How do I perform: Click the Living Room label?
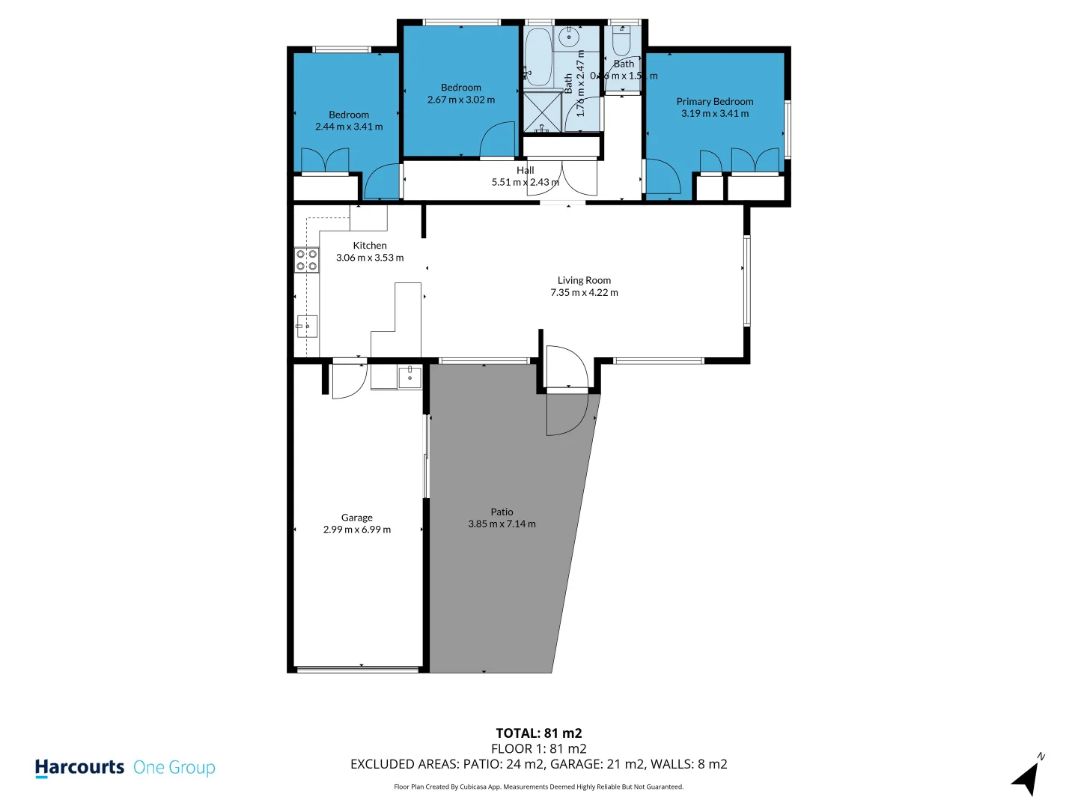584,280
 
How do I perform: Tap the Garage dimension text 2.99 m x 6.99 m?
356,530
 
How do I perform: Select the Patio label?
502,512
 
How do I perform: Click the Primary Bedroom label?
714,101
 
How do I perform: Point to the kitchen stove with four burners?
306,260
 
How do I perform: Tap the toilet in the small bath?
622,40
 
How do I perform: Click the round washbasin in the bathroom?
570,35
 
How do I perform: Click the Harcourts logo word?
79,768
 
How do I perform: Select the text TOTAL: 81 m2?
538,733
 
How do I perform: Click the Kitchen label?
370,245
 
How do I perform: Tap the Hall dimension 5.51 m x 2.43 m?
525,182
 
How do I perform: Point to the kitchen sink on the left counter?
307,327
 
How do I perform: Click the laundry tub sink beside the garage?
409,377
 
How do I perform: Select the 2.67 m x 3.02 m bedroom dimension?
460,100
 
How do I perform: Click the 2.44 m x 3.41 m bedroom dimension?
348,127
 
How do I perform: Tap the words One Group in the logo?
174,768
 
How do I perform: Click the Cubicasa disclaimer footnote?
538,787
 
